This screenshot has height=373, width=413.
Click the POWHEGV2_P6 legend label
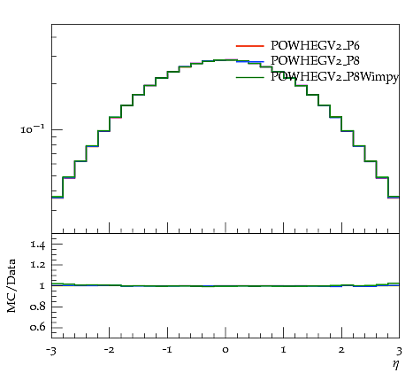(x=315, y=45)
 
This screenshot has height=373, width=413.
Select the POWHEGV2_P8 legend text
(x=315, y=60)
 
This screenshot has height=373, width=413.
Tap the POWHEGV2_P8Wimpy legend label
(x=334, y=77)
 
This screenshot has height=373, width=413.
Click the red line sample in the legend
(x=249, y=46)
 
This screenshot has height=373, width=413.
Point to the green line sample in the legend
(x=249, y=77)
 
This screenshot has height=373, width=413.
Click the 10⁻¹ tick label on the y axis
(x=33, y=128)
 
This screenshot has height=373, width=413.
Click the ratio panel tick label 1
(x=42, y=286)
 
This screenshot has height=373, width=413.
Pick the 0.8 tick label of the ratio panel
(x=37, y=307)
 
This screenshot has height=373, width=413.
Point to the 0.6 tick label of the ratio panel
(x=37, y=327)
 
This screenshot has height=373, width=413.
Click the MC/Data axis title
(x=11, y=286)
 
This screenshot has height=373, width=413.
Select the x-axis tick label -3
(x=51, y=351)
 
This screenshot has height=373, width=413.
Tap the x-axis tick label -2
(x=109, y=350)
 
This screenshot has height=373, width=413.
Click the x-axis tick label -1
(x=167, y=350)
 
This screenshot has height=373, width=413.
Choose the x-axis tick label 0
(x=226, y=350)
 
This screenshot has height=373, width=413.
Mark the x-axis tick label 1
(x=284, y=350)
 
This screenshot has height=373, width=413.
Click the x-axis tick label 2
(x=341, y=350)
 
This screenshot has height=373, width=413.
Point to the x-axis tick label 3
(x=399, y=351)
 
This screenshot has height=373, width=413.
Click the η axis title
(x=395, y=364)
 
